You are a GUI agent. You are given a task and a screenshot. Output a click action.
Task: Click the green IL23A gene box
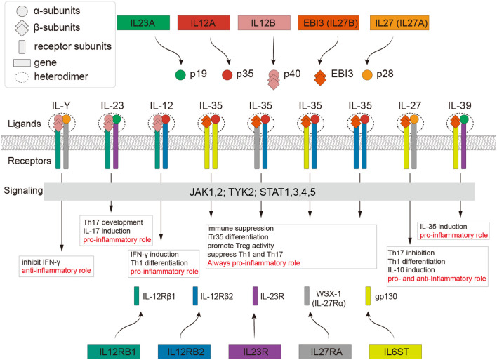[x=143, y=23]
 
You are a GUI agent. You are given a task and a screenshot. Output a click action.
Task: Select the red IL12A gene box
[x=204, y=23]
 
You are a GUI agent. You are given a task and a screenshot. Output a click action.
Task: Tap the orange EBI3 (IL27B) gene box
[x=329, y=23]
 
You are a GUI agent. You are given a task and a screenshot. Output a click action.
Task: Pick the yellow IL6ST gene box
[x=396, y=352]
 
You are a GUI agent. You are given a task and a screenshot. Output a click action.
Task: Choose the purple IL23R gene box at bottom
[x=255, y=352]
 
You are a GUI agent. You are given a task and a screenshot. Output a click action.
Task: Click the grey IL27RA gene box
[x=325, y=352]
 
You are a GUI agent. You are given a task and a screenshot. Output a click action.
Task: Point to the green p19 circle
[x=180, y=75]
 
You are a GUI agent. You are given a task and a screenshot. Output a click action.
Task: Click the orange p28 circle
[x=367, y=75]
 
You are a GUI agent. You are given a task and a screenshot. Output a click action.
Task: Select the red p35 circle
[x=227, y=75]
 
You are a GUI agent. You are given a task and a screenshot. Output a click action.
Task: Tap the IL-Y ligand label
[x=61, y=105]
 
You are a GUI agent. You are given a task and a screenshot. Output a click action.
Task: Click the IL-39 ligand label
[x=460, y=105]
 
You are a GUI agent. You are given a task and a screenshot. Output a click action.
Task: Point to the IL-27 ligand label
[x=410, y=105]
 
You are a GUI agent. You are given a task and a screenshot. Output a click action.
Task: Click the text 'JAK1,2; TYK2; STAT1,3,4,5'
[x=253, y=192]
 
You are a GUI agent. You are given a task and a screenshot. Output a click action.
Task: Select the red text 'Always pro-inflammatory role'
[x=253, y=263]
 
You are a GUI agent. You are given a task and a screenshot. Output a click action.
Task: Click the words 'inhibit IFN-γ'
[x=41, y=262]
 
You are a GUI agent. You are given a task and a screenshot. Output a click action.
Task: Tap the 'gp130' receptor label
[x=386, y=297]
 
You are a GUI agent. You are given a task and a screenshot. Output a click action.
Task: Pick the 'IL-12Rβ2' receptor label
[x=217, y=297]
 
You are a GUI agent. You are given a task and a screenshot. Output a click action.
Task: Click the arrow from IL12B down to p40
[x=273, y=51]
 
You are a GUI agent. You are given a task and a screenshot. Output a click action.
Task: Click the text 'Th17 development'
[x=113, y=222]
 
